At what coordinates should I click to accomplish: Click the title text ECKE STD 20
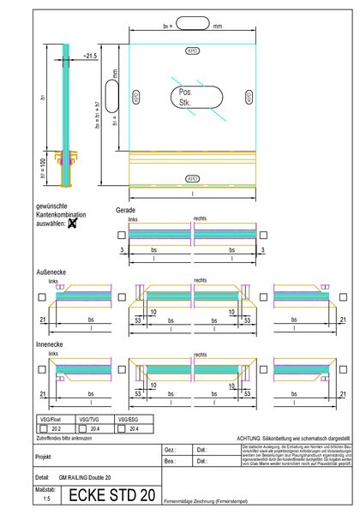[111, 494]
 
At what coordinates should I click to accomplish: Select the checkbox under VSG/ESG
[121, 428]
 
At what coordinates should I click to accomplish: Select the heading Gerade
[125, 209]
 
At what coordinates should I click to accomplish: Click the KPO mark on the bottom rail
[192, 179]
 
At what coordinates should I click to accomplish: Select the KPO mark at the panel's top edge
[192, 51]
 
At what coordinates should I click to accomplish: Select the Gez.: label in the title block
[170, 449]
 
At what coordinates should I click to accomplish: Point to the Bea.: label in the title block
[170, 461]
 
